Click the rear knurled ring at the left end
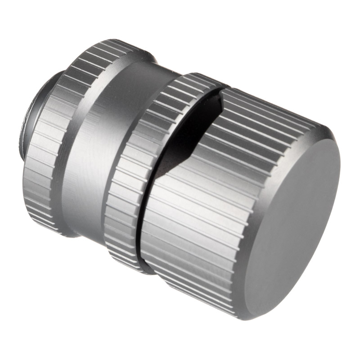(43, 171)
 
